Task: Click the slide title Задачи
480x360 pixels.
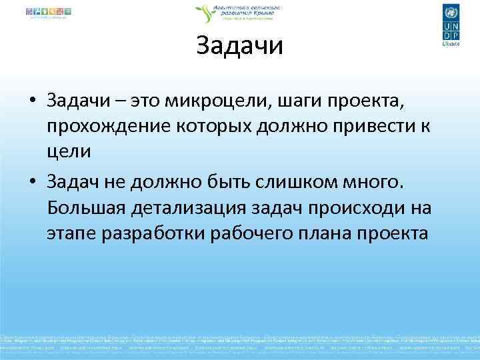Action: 240,46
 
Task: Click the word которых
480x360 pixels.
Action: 201,127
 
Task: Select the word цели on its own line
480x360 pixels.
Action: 69,151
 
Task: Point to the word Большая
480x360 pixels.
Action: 86,208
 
